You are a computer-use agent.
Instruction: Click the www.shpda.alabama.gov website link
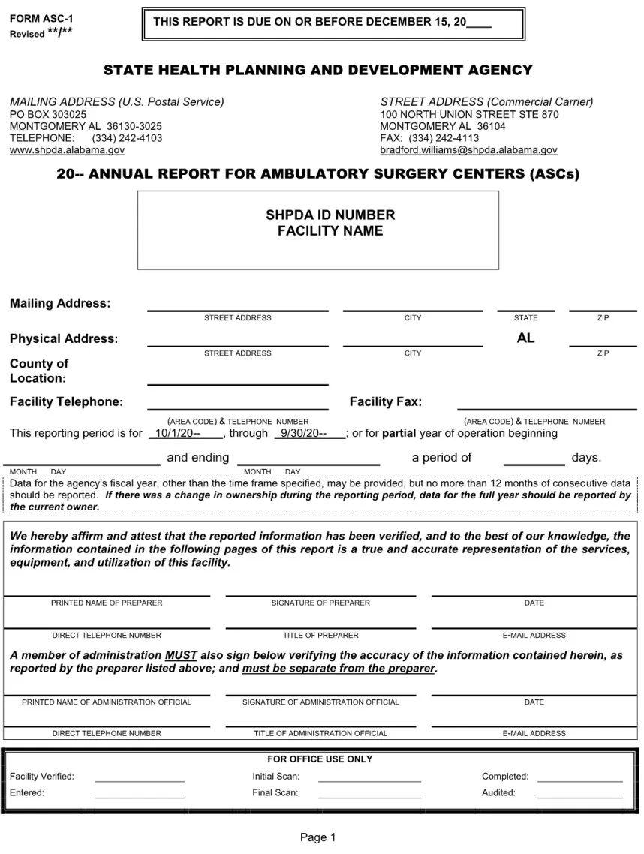(67, 150)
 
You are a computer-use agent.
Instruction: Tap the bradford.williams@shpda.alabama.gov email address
(468, 150)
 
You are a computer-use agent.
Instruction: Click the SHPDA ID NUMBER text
(319, 215)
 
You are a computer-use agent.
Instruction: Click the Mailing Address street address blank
(237, 305)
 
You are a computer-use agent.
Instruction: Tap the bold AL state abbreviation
(525, 338)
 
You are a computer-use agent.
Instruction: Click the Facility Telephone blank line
(237, 404)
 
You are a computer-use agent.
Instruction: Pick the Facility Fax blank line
(546, 404)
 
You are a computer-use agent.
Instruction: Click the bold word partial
(399, 433)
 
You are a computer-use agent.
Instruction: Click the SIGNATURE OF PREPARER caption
(320, 603)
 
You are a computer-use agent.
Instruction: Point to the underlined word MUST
(181, 655)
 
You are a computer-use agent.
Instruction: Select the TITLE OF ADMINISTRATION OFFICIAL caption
(320, 733)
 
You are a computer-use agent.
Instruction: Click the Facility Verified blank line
(140, 777)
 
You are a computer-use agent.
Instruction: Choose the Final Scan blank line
(369, 793)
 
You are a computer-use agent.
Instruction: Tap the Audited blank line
(579, 793)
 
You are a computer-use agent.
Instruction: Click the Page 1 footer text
(318, 837)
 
